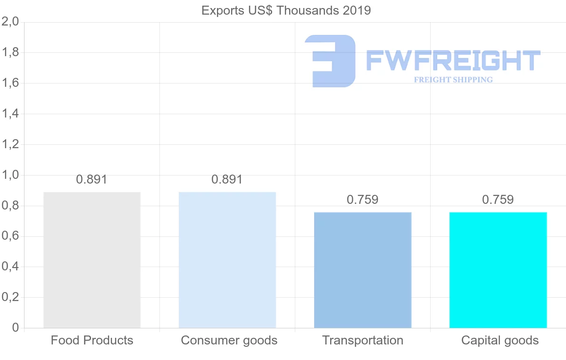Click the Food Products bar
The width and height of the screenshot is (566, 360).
pos(92,260)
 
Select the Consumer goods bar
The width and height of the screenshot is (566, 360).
pos(227,260)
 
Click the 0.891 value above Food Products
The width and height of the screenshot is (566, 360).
pos(92,180)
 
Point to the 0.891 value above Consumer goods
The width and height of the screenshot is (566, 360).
pos(227,180)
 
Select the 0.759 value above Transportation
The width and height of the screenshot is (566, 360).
pos(362,200)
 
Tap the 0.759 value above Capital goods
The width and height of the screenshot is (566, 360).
pos(498,200)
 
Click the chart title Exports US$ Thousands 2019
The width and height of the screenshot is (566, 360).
pos(286,10)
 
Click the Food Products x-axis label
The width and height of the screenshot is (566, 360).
pos(92,341)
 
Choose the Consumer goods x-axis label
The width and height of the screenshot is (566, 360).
pos(229,341)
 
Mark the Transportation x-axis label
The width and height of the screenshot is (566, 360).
pos(363,341)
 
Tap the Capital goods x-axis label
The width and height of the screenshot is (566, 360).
pos(500,341)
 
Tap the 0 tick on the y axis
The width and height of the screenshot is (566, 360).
pos(15,328)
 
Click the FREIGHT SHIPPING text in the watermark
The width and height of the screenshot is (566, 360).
pos(453,80)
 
